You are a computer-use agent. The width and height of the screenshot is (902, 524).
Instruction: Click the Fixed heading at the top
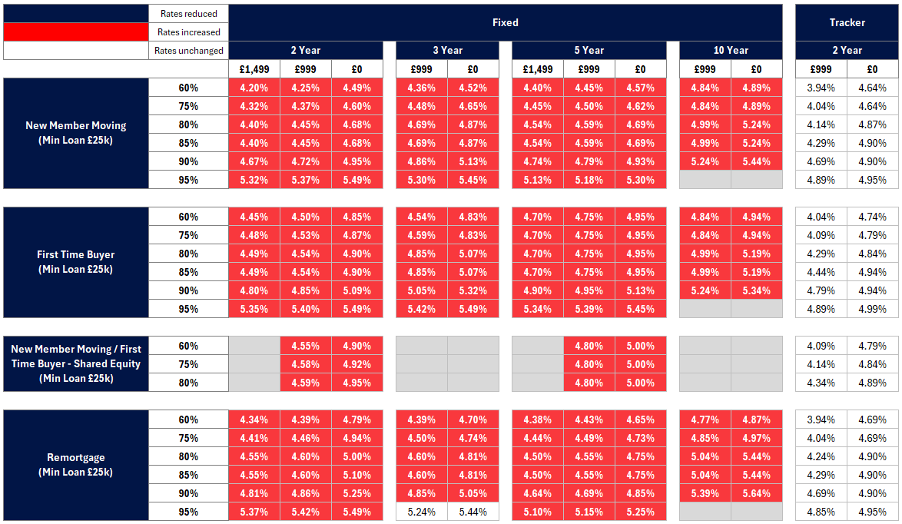coord(506,22)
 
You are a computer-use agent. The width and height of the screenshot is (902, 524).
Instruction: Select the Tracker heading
coord(847,22)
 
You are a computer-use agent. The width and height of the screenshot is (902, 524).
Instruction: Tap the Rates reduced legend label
coord(188,13)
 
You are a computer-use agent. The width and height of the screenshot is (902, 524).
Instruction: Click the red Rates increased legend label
coord(188,32)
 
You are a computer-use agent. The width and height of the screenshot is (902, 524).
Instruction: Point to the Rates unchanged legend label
coord(188,51)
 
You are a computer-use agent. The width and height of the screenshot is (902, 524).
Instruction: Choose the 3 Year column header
coord(447,50)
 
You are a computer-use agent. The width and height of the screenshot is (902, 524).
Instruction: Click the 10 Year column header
coord(731,50)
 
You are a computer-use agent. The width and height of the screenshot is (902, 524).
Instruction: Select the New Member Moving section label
coord(76,132)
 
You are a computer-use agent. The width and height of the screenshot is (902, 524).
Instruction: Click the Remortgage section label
coord(76,465)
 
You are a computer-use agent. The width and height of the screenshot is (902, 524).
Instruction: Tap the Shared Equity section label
coord(76,363)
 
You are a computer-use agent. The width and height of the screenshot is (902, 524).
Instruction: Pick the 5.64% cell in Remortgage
coord(756,493)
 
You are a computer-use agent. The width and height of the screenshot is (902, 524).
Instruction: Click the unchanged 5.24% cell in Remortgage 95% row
coord(421,512)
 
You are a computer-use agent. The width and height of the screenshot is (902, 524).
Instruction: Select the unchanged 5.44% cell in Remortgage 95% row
coord(473,512)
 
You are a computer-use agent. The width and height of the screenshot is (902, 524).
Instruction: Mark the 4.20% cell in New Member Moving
coord(254,88)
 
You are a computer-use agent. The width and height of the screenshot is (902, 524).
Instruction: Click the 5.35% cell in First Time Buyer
coord(254,309)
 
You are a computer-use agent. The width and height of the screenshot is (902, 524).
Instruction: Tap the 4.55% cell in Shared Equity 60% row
coord(305,346)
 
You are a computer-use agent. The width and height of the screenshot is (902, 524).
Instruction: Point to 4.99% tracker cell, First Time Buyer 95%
coord(872,309)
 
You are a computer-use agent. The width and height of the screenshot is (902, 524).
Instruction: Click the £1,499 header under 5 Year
coord(537,69)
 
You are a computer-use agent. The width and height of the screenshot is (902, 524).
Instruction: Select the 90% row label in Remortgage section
coord(188,493)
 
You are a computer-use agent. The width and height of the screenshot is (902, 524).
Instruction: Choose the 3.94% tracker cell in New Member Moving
coord(821,88)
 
